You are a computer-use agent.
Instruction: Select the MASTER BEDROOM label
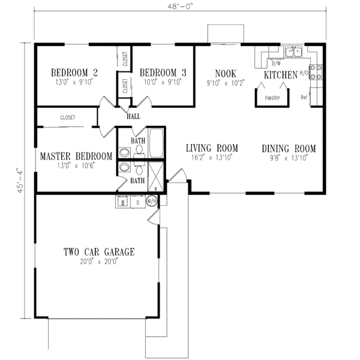(76, 157)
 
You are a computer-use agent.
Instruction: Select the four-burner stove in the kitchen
(318, 72)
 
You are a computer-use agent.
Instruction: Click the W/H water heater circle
(152, 202)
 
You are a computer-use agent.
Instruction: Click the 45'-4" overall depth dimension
(22, 181)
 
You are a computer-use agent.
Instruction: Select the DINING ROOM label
(289, 148)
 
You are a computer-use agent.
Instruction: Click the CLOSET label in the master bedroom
(67, 118)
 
